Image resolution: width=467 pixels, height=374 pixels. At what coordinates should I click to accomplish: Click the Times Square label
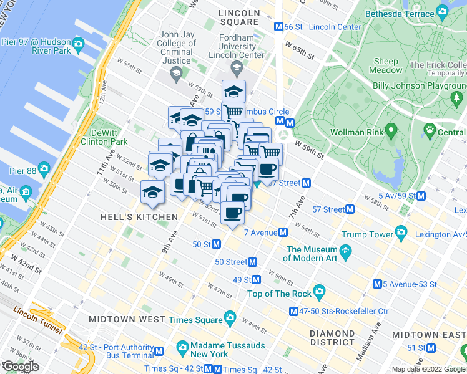196,320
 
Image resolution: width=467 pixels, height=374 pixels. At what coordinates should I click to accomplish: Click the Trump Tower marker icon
400,234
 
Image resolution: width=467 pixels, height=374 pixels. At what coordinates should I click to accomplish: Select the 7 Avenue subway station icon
283,232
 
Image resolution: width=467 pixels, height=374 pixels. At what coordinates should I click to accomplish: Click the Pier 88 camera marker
43,168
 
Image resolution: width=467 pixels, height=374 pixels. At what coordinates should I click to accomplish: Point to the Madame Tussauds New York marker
183,346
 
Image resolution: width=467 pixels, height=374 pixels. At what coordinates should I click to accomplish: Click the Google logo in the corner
20,367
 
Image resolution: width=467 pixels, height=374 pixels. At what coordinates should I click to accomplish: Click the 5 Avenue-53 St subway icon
377,284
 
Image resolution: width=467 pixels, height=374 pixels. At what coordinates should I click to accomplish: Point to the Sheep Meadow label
386,65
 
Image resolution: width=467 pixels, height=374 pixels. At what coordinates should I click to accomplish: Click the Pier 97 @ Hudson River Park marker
78,43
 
